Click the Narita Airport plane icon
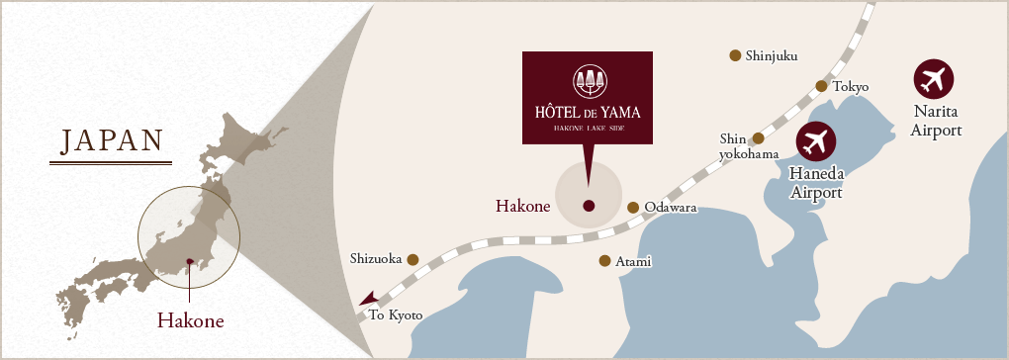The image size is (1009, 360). click(935, 79)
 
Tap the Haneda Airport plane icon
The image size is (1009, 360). click(815, 143)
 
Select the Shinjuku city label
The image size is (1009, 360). click(772, 56)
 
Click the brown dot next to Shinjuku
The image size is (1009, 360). click(735, 55)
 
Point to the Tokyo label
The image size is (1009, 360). click(851, 87)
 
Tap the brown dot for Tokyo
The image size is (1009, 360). click(821, 86)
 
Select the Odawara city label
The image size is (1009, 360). click(671, 208)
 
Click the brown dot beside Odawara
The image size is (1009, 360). click(633, 208)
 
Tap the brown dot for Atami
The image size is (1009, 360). click(604, 261)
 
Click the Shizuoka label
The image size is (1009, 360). click(376, 259)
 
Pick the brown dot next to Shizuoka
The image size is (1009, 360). click(413, 260)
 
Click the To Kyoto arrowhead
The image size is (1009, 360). click(368, 298)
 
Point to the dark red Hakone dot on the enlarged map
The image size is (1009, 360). click(589, 206)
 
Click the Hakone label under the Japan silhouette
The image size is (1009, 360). click(191, 320)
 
